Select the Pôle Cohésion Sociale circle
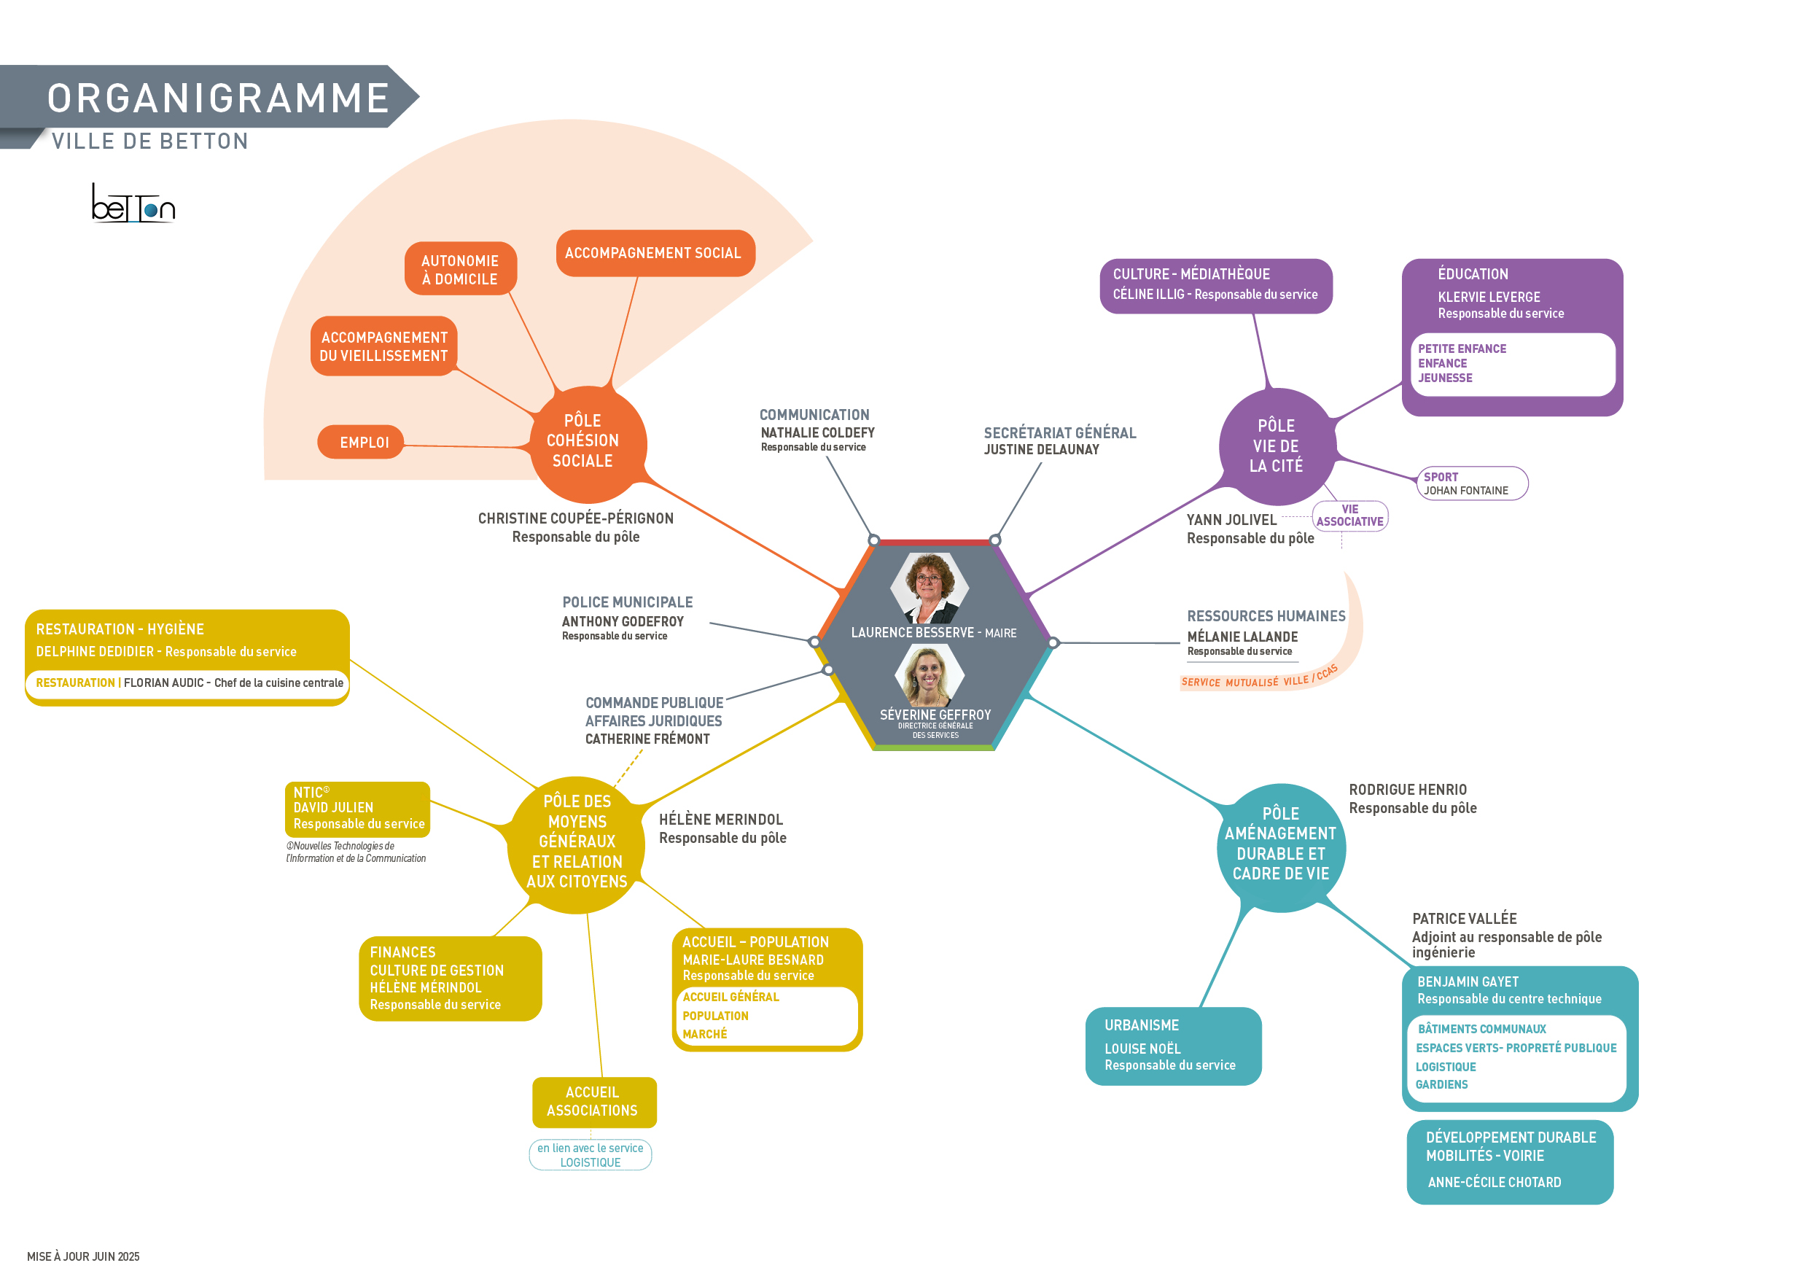(587, 443)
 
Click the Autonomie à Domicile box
(461, 269)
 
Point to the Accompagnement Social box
(655, 253)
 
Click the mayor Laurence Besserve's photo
(930, 588)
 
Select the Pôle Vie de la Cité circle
(1277, 446)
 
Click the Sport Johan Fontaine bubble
(1471, 483)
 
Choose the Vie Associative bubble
(1349, 516)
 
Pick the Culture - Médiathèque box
(1215, 285)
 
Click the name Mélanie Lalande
(1242, 637)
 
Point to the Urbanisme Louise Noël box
(1172, 1045)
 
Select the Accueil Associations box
(593, 1101)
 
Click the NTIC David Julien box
(357, 808)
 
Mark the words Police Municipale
(628, 602)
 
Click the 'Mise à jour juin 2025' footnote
(83, 1256)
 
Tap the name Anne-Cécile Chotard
(1494, 1182)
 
